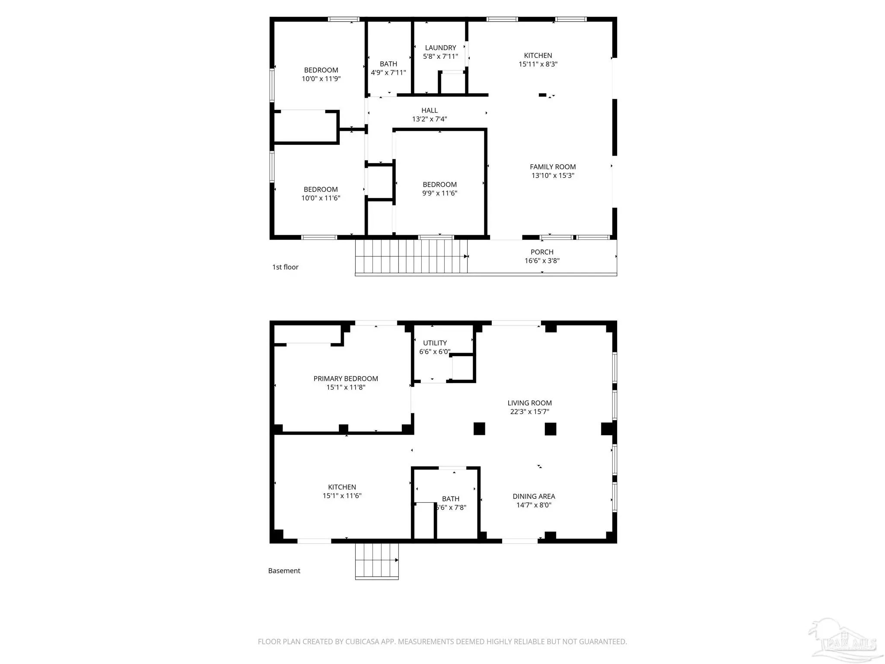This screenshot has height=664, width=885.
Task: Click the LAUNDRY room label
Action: point(440,48)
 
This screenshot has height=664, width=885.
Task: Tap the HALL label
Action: point(430,110)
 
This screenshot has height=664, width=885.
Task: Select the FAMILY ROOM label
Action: point(553,166)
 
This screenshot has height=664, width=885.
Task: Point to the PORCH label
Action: point(542,252)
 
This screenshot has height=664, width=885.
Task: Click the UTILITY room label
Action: point(435,343)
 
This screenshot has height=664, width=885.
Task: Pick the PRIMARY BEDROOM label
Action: point(346,379)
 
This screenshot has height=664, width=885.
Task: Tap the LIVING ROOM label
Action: point(529,403)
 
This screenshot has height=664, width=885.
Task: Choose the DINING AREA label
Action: point(534,496)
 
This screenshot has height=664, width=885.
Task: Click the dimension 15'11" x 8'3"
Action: point(538,64)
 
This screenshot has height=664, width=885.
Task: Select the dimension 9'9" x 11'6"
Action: point(439,193)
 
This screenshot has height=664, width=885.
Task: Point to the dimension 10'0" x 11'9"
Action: point(321,79)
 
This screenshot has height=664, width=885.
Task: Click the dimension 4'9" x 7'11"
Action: point(388,73)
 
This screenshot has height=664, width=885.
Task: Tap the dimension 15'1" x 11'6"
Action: point(342,496)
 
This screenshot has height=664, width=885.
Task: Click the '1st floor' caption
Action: point(285,267)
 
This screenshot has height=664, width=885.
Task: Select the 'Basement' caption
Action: point(284,571)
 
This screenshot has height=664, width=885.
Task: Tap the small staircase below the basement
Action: point(377,561)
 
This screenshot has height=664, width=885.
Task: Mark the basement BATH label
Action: point(451,499)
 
